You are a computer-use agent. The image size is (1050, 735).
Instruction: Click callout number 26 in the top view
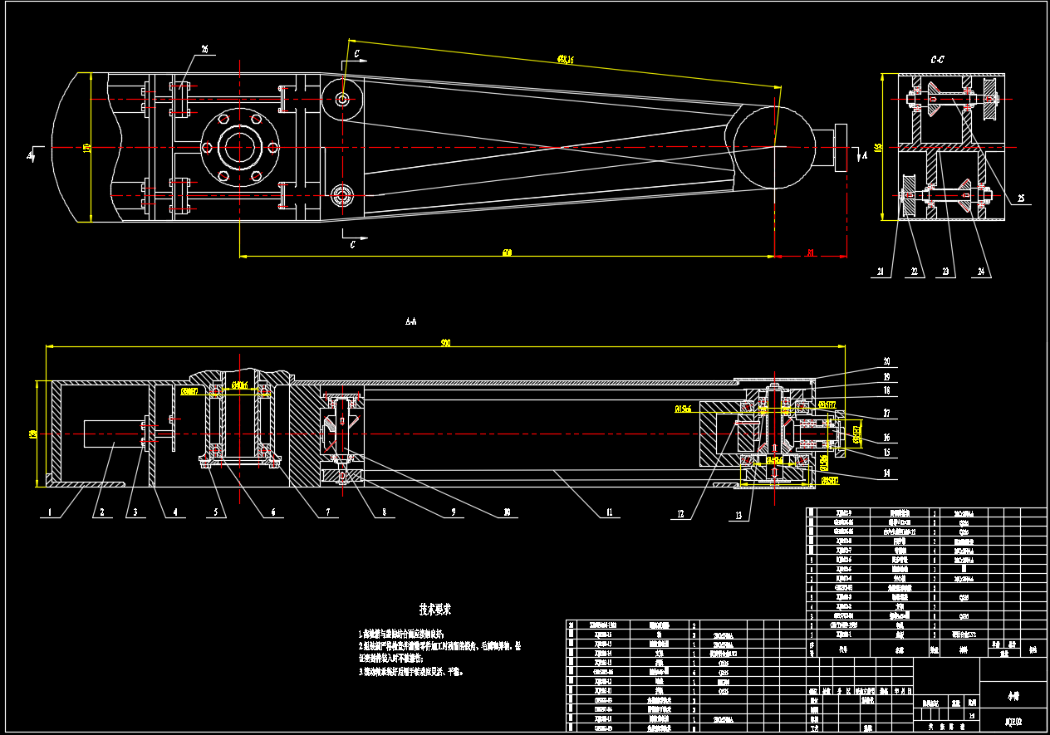[204, 49]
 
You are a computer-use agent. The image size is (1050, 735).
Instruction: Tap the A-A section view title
[410, 320]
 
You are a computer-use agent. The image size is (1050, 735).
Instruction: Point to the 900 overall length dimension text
[445, 343]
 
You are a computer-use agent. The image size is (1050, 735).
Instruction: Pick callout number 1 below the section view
[49, 513]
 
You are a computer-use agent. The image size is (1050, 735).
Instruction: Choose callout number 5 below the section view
[215, 513]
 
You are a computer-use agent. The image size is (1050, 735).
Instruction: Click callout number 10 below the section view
[506, 513]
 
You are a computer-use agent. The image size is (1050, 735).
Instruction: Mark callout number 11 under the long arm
[608, 513]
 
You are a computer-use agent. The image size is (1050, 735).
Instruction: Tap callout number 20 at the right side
[886, 361]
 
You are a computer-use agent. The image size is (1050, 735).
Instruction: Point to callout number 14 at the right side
[886, 473]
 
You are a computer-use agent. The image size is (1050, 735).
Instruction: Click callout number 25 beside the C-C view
[1021, 198]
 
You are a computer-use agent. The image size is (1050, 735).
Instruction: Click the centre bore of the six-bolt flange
[239, 148]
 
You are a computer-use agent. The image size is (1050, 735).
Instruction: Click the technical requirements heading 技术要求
[435, 610]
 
